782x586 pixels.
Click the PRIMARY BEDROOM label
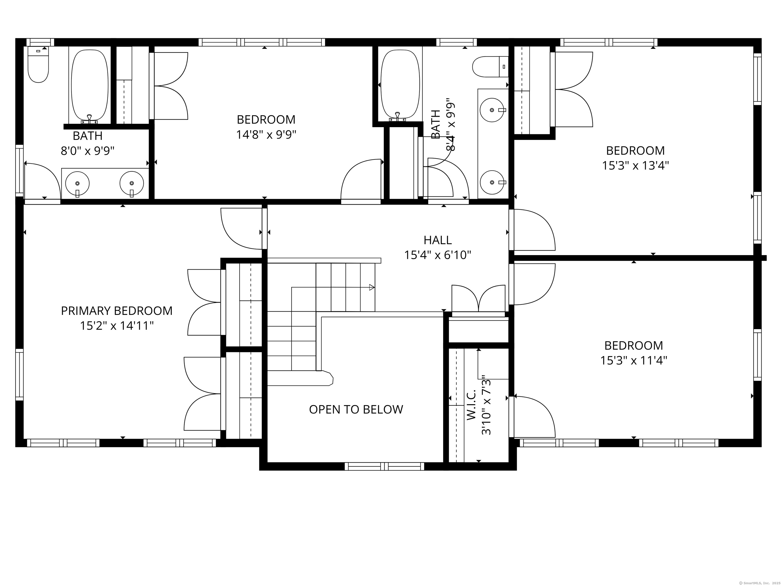[x=117, y=311]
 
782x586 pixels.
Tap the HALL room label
[x=438, y=240]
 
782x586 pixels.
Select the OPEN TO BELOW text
[x=356, y=409]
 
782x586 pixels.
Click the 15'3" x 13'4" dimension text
[x=635, y=165]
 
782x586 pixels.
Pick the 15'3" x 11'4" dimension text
[x=634, y=360]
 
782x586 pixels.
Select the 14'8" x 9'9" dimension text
[x=266, y=135]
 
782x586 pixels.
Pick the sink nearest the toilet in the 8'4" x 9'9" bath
[x=492, y=110]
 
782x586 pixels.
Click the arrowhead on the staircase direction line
[x=372, y=287]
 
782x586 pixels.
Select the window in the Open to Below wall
[x=384, y=466]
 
